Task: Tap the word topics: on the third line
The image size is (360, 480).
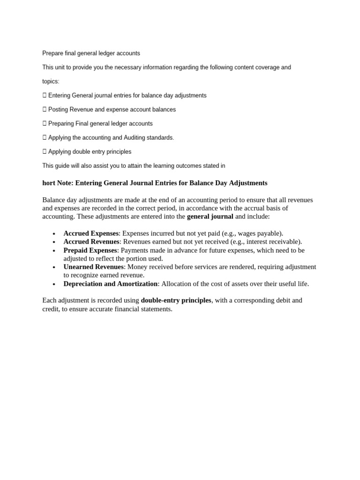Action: [x=51, y=82]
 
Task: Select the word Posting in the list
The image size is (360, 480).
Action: [x=58, y=110]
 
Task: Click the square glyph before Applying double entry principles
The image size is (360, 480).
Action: [x=45, y=152]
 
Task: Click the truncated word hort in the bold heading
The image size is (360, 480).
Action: [x=48, y=183]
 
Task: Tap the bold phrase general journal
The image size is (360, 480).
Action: [x=210, y=217]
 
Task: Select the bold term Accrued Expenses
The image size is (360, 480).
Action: [x=91, y=233]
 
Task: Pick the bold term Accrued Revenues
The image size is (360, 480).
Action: [x=91, y=242]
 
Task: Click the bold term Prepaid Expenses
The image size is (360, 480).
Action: [x=90, y=250]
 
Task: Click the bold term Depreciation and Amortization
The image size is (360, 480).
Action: [x=111, y=284]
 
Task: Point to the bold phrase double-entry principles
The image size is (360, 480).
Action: [x=176, y=300]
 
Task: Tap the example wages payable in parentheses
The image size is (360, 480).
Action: [x=260, y=233]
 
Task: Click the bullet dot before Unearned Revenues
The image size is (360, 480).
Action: [x=55, y=268]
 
